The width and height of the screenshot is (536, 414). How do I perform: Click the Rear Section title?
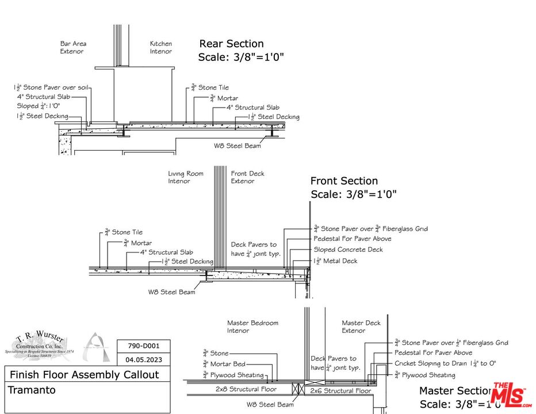click(231, 44)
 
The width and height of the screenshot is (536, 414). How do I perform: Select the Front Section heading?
click(344, 181)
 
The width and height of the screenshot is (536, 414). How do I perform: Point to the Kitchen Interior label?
click(161, 47)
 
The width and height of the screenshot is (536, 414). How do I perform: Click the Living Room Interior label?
click(186, 177)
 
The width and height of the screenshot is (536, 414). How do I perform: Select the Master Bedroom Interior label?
click(252, 327)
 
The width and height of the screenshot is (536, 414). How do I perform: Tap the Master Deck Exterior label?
click(361, 327)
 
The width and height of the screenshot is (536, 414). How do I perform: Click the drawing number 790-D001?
click(143, 346)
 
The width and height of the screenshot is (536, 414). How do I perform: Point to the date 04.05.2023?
click(143, 360)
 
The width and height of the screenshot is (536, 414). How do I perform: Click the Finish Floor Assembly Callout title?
click(84, 375)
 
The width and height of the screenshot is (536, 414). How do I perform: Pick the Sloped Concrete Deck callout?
click(348, 250)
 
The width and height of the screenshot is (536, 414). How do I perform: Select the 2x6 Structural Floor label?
click(340, 390)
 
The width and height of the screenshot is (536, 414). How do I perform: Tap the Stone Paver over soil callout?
click(52, 87)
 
